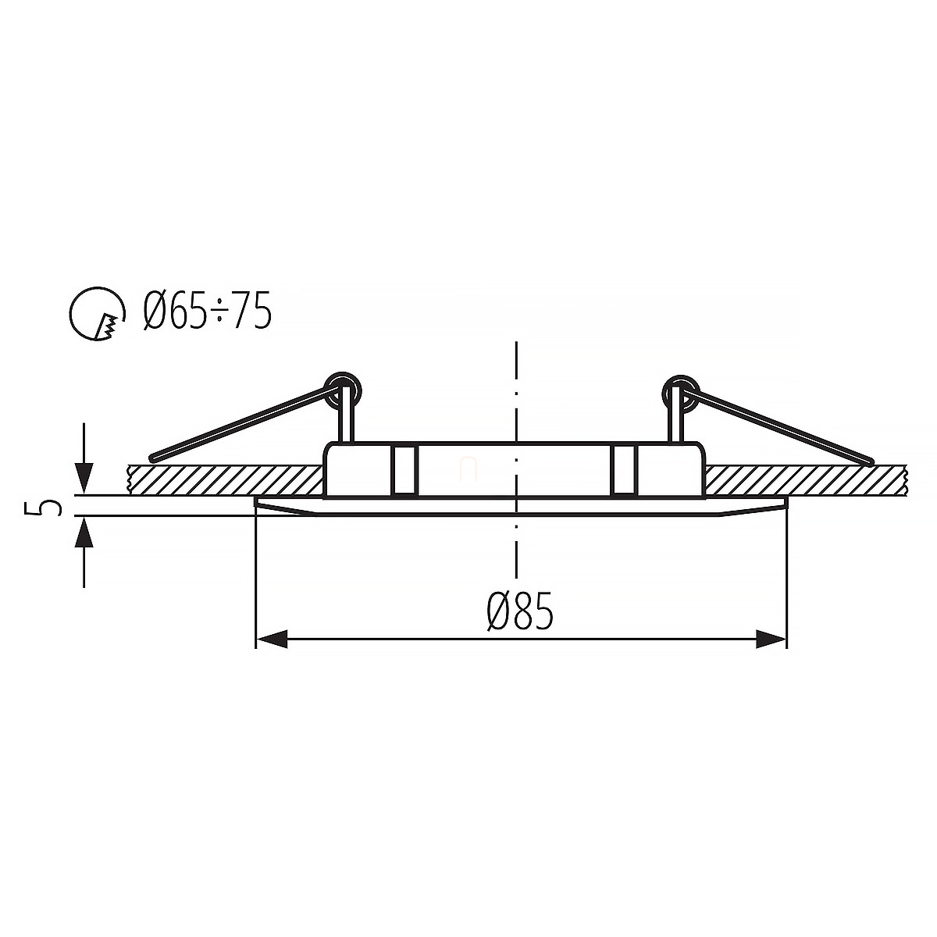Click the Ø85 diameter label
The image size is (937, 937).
[x=520, y=611]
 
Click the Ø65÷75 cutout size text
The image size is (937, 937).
[x=207, y=312]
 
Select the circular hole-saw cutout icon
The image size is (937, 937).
[x=97, y=314]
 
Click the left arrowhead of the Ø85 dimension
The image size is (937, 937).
[x=271, y=639]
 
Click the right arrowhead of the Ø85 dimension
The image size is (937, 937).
[x=771, y=639]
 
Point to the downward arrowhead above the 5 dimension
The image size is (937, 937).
[x=84, y=479]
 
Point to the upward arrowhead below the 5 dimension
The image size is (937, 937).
[x=84, y=533]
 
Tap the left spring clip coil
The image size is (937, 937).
[x=344, y=390]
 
